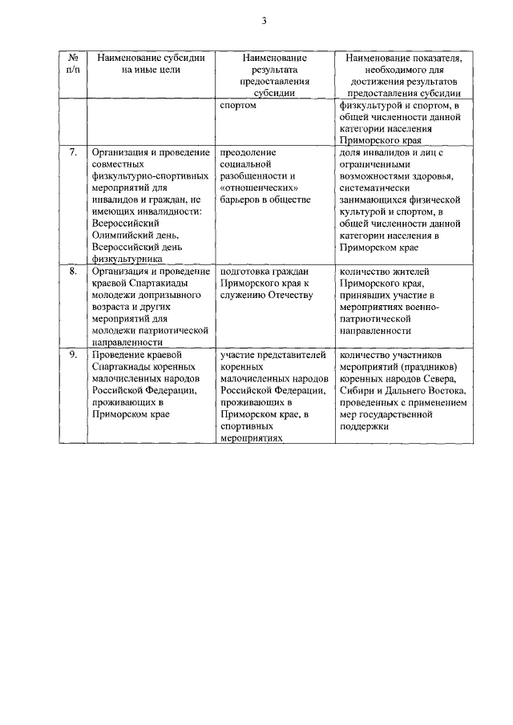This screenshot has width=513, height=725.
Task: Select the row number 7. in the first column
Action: tap(73, 152)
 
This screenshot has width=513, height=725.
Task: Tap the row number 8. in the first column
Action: tap(73, 272)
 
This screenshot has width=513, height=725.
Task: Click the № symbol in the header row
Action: tap(73, 58)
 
